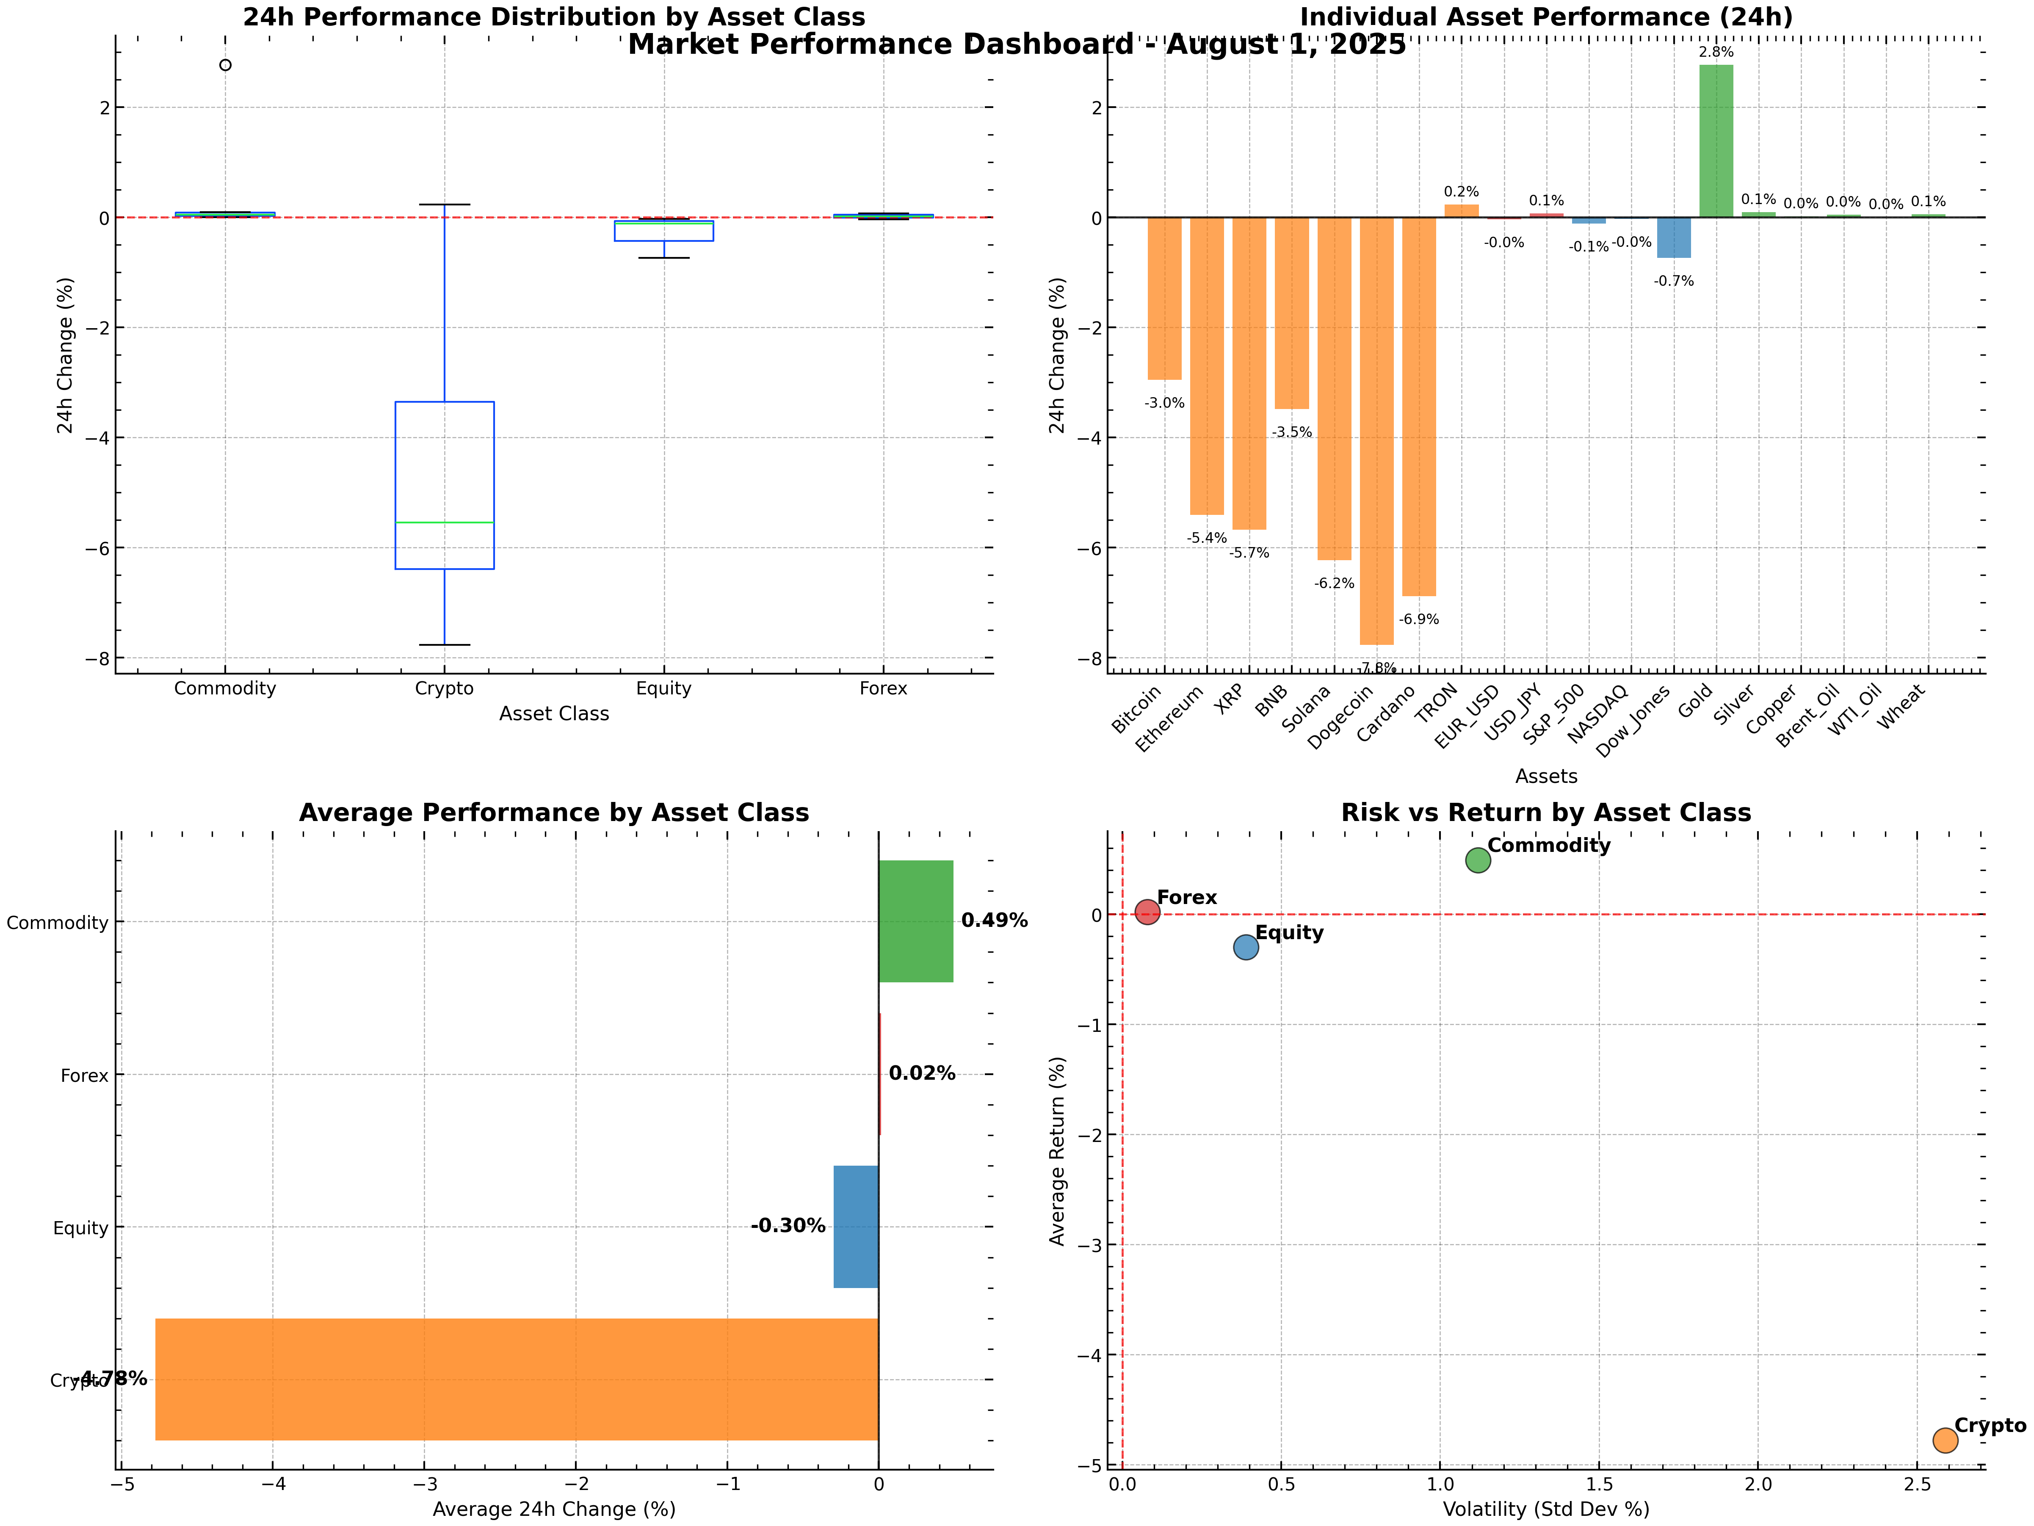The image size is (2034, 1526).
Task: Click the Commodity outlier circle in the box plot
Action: [225, 65]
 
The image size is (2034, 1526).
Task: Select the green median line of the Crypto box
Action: [444, 522]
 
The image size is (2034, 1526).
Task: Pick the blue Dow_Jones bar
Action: [1674, 237]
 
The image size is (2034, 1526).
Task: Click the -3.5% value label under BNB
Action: [1292, 432]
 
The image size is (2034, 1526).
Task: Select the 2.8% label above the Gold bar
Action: [1716, 53]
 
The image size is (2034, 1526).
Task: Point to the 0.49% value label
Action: [994, 921]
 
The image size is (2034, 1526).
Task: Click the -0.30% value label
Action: [788, 1226]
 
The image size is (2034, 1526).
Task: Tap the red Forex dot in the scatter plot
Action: [1147, 912]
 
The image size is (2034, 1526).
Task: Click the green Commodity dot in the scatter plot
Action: [1478, 860]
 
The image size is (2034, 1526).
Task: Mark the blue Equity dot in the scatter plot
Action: [1246, 946]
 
